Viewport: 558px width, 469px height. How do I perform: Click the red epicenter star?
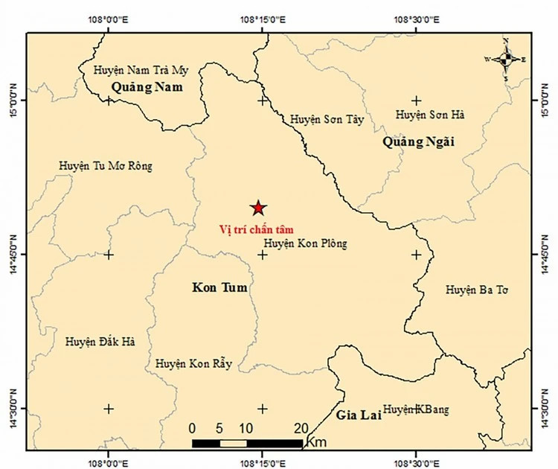[x=257, y=208]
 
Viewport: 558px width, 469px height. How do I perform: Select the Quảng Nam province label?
[x=147, y=88]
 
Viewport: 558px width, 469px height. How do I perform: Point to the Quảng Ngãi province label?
[x=418, y=141]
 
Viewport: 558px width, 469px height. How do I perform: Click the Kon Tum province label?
[x=219, y=287]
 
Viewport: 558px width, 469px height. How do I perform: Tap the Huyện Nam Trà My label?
[x=141, y=71]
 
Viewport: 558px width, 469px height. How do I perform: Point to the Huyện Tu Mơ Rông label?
[x=105, y=166]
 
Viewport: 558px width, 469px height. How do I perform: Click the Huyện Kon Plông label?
[x=305, y=243]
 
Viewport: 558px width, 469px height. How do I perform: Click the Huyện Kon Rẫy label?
[x=193, y=364]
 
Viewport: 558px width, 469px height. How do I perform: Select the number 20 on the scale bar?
[x=301, y=428]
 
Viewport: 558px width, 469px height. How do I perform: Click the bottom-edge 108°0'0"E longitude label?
[x=109, y=462]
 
